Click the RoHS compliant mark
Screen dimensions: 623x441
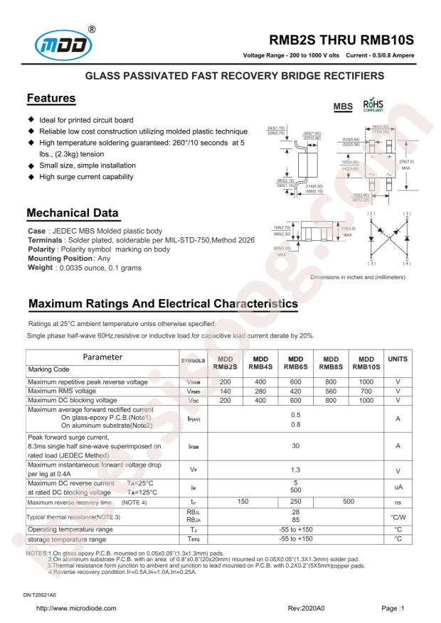374,107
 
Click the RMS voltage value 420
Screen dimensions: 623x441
295,391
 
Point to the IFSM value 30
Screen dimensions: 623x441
295,445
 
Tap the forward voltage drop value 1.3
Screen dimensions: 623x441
295,470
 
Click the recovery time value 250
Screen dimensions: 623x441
295,502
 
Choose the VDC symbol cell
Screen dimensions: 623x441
191,400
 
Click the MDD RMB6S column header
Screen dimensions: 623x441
295,362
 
